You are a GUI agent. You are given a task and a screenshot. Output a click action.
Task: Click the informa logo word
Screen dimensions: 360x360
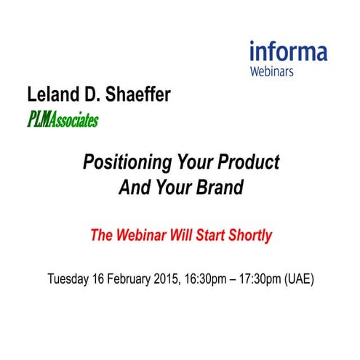(288, 52)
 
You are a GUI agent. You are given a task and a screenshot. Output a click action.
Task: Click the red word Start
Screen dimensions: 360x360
(210, 235)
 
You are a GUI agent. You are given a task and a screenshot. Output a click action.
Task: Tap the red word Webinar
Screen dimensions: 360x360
(141, 235)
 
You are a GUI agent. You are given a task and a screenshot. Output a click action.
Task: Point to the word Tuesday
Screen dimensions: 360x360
(70, 279)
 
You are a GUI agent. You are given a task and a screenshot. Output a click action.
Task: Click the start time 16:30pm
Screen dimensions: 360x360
(219, 279)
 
